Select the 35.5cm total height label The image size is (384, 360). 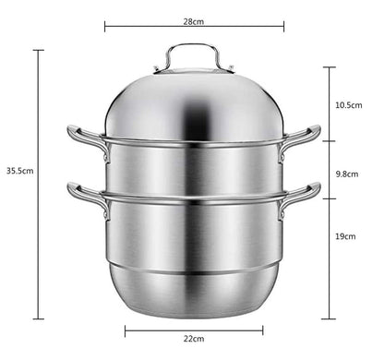coord(19,170)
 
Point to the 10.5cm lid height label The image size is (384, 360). coord(348,105)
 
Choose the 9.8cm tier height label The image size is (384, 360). coord(347,172)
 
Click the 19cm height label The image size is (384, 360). coord(345,236)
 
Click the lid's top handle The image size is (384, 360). coord(194,55)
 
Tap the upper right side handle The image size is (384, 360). coord(303,138)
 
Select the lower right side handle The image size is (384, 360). coord(303,195)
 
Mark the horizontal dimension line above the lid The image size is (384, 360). coord(193,28)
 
